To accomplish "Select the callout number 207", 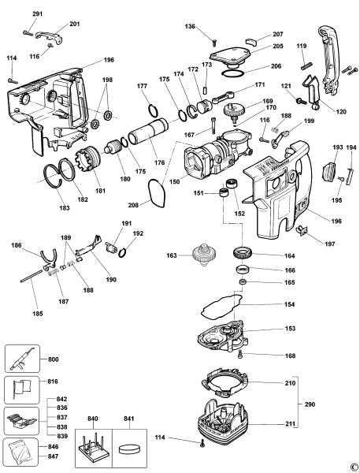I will click(x=278, y=35).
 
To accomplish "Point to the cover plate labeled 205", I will click(x=235, y=56).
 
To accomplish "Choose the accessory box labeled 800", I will click(x=21, y=360).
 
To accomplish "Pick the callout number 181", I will click(x=98, y=190).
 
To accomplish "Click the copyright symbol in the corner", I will click(x=354, y=467).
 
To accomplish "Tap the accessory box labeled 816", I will click(x=21, y=389).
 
